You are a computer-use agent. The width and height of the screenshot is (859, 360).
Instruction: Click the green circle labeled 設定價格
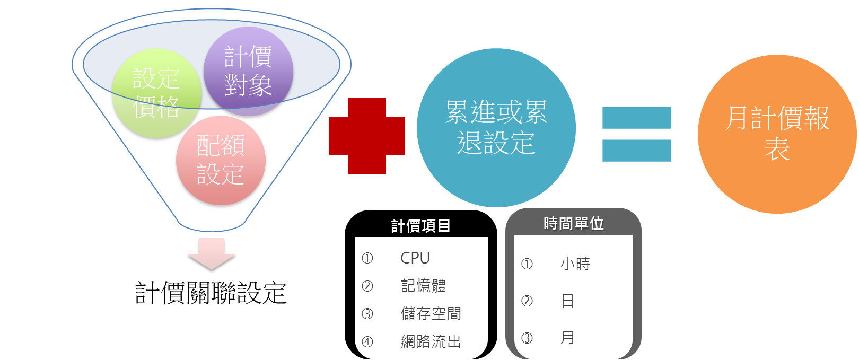156,93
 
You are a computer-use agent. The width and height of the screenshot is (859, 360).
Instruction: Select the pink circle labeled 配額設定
221,160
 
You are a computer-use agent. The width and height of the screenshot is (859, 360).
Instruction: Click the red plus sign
366,136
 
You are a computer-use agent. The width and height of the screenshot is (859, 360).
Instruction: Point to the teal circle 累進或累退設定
496,128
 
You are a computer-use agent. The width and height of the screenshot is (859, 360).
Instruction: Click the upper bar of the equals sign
636,118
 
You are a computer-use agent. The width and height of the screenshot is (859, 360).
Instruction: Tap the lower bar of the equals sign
636,150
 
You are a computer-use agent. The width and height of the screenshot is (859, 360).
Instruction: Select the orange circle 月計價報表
777,134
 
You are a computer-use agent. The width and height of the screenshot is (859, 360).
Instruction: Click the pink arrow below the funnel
212,253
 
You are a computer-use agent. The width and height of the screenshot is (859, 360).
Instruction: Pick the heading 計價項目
421,226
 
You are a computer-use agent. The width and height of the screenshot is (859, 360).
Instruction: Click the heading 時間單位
574,223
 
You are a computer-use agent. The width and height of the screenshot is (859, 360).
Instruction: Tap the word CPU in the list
415,258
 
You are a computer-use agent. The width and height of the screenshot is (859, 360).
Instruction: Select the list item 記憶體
423,286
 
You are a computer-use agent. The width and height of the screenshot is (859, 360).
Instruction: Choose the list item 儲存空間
431,313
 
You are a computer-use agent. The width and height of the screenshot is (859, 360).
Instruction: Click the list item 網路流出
431,341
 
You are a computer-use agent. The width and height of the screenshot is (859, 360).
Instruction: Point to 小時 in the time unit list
575,264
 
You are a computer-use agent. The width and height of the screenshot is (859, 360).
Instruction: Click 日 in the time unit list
567,301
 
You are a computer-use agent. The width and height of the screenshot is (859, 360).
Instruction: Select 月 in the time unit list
567,338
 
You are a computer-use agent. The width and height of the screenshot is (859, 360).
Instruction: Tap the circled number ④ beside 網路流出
367,341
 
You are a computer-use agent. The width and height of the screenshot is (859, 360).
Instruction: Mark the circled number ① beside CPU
367,258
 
